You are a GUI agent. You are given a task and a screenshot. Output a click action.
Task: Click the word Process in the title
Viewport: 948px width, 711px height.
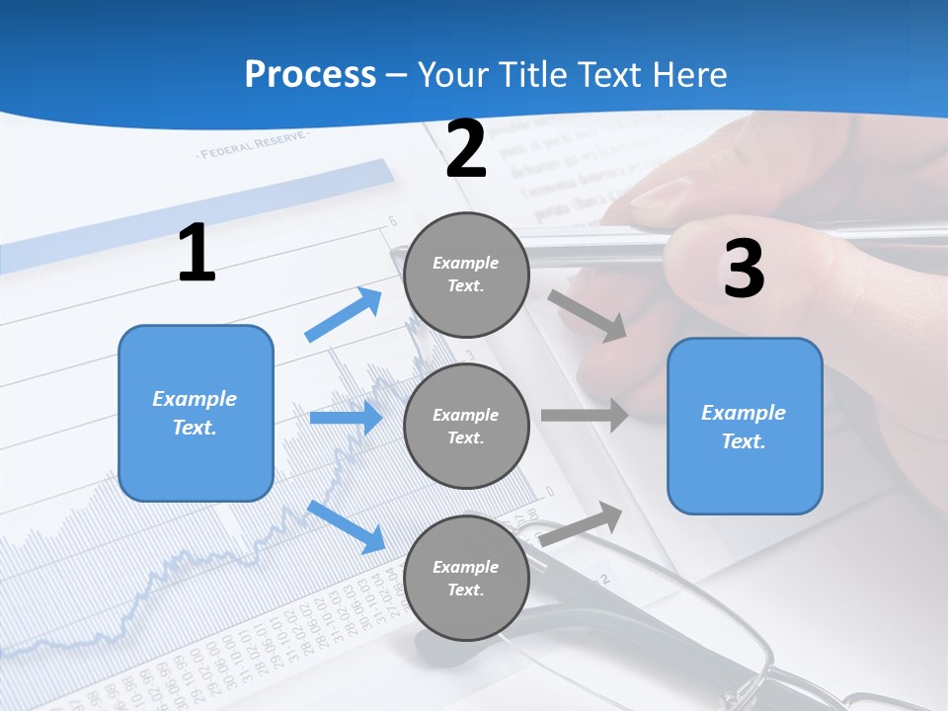(310, 75)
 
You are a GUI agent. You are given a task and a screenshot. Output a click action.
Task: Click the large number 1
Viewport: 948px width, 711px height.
(197, 254)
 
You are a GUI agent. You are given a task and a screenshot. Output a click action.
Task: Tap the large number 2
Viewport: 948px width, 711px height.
(466, 149)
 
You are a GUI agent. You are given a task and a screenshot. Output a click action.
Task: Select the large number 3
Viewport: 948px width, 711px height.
(744, 269)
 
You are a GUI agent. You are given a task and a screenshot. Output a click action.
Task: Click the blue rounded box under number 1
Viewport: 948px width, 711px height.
(196, 413)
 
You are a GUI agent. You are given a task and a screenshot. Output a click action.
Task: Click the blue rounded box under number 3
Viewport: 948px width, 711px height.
(745, 426)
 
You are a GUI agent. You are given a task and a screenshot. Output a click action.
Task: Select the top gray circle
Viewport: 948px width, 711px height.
(466, 275)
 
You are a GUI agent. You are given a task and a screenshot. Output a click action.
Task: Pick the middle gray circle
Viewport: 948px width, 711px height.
(466, 426)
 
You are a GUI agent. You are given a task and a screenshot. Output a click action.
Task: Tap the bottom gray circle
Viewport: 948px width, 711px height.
(466, 578)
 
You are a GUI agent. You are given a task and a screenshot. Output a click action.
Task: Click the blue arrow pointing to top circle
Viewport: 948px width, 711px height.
(344, 315)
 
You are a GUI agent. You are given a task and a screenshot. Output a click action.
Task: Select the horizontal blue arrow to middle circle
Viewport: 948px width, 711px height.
(346, 418)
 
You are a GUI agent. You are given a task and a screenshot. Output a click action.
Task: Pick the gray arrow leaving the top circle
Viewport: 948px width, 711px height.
(589, 316)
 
